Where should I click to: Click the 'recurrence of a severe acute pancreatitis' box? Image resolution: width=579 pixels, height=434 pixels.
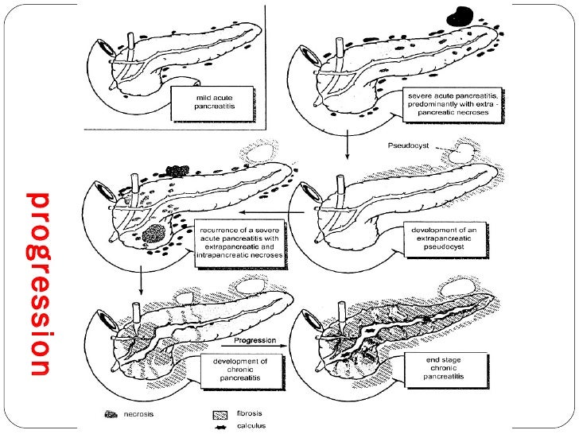click(238, 242)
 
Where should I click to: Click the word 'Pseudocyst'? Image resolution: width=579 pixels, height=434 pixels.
click(408, 146)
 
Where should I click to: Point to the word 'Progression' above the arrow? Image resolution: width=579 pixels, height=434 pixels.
click(255, 340)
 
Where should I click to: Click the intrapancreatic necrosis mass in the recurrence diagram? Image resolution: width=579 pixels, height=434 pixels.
click(155, 233)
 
